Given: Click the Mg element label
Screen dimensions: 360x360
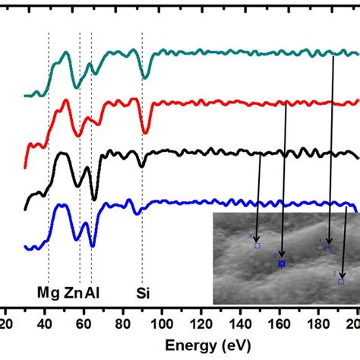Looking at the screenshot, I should [x=46, y=292].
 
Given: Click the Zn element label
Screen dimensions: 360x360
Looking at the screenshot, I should [x=74, y=292].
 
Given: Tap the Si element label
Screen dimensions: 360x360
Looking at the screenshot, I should [x=143, y=292].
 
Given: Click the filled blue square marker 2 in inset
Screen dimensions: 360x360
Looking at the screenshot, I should [x=282, y=264].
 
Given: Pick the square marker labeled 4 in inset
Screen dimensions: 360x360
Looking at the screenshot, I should [x=328, y=248].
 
